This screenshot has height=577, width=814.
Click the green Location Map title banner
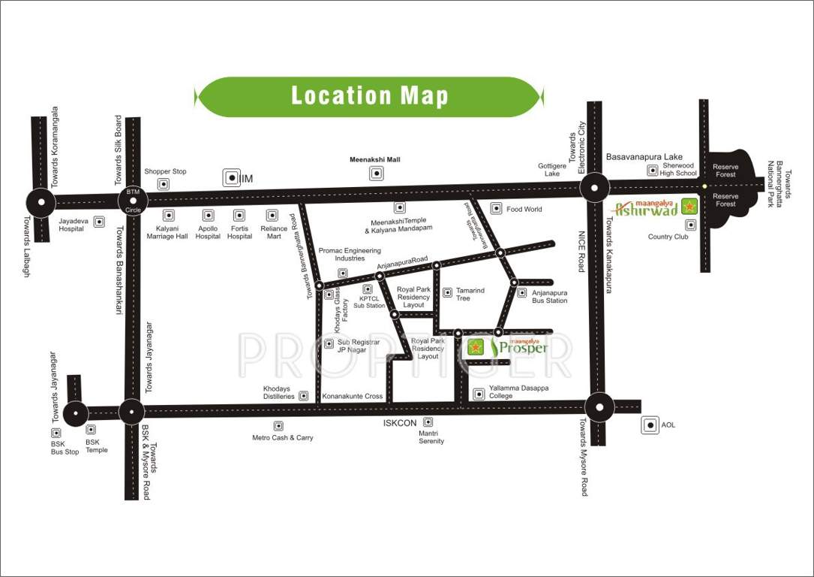tap(368, 96)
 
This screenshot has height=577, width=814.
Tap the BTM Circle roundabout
tap(133, 200)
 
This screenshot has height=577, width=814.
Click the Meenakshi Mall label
tap(375, 159)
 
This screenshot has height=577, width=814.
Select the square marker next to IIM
tap(230, 178)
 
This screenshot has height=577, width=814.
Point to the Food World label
tap(524, 209)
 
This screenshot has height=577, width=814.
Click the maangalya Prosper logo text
tap(520, 346)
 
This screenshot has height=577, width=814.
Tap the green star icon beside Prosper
tap(476, 347)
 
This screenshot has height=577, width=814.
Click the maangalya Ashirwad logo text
tap(646, 208)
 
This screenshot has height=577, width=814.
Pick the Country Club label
tap(668, 237)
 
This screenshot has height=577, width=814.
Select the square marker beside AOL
tap(650, 425)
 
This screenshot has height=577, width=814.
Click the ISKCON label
tap(399, 423)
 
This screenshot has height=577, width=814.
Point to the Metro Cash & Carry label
tap(282, 437)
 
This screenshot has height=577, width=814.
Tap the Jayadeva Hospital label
tap(71, 225)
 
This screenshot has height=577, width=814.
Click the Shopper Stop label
tap(165, 171)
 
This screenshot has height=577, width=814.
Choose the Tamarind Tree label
tap(470, 294)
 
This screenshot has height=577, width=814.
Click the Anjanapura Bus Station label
tap(549, 296)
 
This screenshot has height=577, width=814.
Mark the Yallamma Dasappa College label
tap(518, 391)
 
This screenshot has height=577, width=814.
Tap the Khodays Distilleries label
tap(278, 392)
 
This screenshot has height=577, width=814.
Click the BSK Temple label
tap(96, 446)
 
